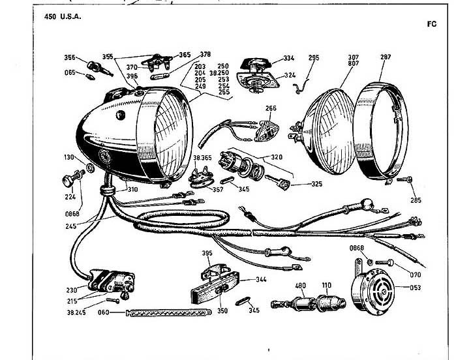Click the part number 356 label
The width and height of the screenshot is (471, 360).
coord(69,57)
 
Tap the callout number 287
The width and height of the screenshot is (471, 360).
coord(386,57)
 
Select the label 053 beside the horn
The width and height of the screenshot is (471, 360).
coord(416,288)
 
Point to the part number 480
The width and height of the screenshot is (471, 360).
coord(300,285)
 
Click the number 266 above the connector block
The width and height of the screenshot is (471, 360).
coord(271,108)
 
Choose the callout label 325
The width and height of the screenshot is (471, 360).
coord(316,184)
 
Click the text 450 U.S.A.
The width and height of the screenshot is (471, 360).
coord(63,17)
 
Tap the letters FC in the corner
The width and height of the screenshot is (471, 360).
coord(432,24)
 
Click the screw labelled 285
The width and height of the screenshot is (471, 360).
coord(404,180)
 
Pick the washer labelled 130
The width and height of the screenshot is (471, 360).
coord(90,168)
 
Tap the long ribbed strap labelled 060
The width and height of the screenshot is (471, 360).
coord(168,313)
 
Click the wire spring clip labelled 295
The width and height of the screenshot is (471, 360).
coord(301,86)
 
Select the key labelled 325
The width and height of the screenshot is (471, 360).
coord(278,182)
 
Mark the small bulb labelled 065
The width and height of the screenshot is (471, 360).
coord(90,76)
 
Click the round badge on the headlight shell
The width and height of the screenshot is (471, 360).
coord(104,156)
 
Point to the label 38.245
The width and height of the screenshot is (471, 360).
coord(76,312)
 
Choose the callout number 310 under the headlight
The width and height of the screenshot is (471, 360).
coord(132,190)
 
